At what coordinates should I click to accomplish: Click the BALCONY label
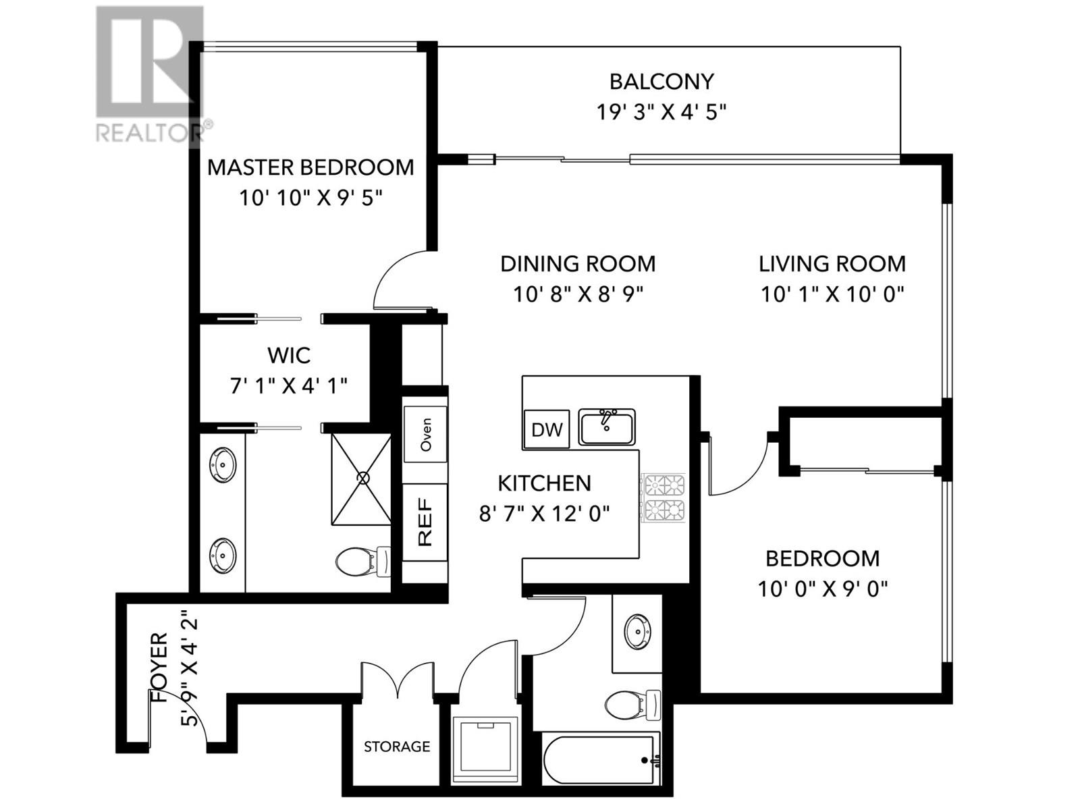point(661,82)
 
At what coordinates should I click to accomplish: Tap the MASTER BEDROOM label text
point(310,167)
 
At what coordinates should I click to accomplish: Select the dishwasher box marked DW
point(547,429)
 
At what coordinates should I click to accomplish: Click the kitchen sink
point(606,427)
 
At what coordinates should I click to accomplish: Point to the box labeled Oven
point(425,434)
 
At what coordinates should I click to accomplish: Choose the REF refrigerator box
point(425,522)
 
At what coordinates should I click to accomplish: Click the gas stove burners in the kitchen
point(664,497)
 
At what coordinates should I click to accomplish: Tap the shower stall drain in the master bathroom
point(363,478)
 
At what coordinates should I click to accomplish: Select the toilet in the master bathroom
point(363,561)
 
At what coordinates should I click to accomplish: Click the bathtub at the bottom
point(601,760)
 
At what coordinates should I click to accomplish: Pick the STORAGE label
point(397,747)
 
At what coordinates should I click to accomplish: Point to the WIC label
point(289,355)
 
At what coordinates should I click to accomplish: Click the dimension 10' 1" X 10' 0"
point(832,294)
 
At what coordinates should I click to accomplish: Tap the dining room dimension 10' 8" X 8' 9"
point(578,294)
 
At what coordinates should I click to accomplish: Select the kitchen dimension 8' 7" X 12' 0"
point(544,514)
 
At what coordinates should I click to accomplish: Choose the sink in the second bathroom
point(638,628)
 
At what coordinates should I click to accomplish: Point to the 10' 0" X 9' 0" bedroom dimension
point(823,589)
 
